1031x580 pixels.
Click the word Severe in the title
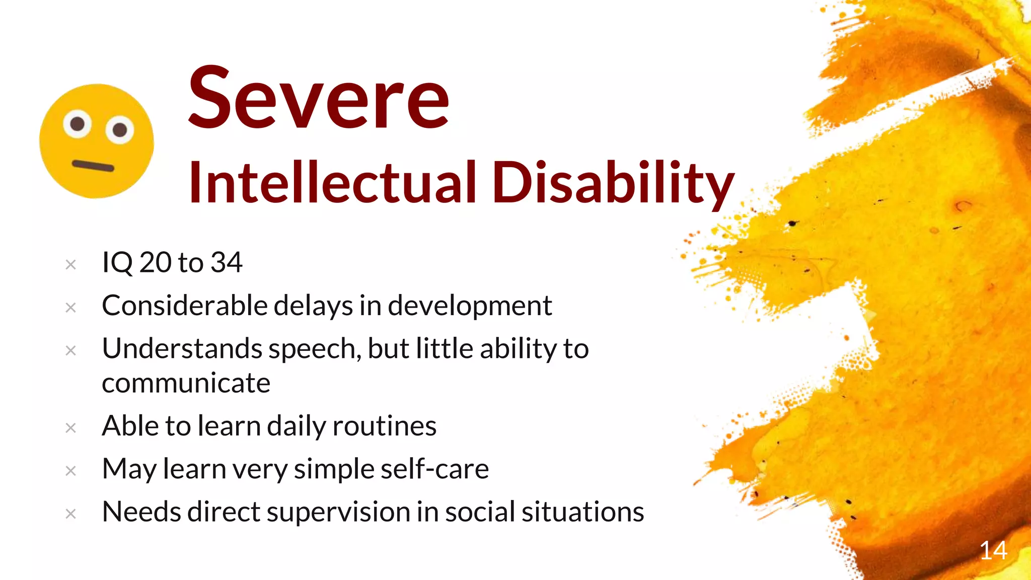(x=318, y=98)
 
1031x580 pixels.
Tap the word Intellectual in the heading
(x=332, y=182)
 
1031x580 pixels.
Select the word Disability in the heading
(x=613, y=182)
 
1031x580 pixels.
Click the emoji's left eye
(x=78, y=123)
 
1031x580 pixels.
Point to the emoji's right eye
(x=120, y=130)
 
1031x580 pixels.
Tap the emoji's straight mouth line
(x=93, y=165)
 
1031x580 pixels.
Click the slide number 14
(x=993, y=551)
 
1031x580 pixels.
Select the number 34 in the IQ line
(x=227, y=262)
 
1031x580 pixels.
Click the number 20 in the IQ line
(x=155, y=262)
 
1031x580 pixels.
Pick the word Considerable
(x=184, y=306)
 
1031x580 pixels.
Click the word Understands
(x=182, y=348)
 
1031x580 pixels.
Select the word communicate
(x=186, y=383)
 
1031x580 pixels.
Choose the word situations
(x=582, y=512)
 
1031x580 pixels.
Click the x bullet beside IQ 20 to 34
(x=71, y=264)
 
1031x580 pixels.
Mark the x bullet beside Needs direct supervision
(x=71, y=514)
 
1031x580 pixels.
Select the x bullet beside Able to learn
(x=71, y=428)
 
